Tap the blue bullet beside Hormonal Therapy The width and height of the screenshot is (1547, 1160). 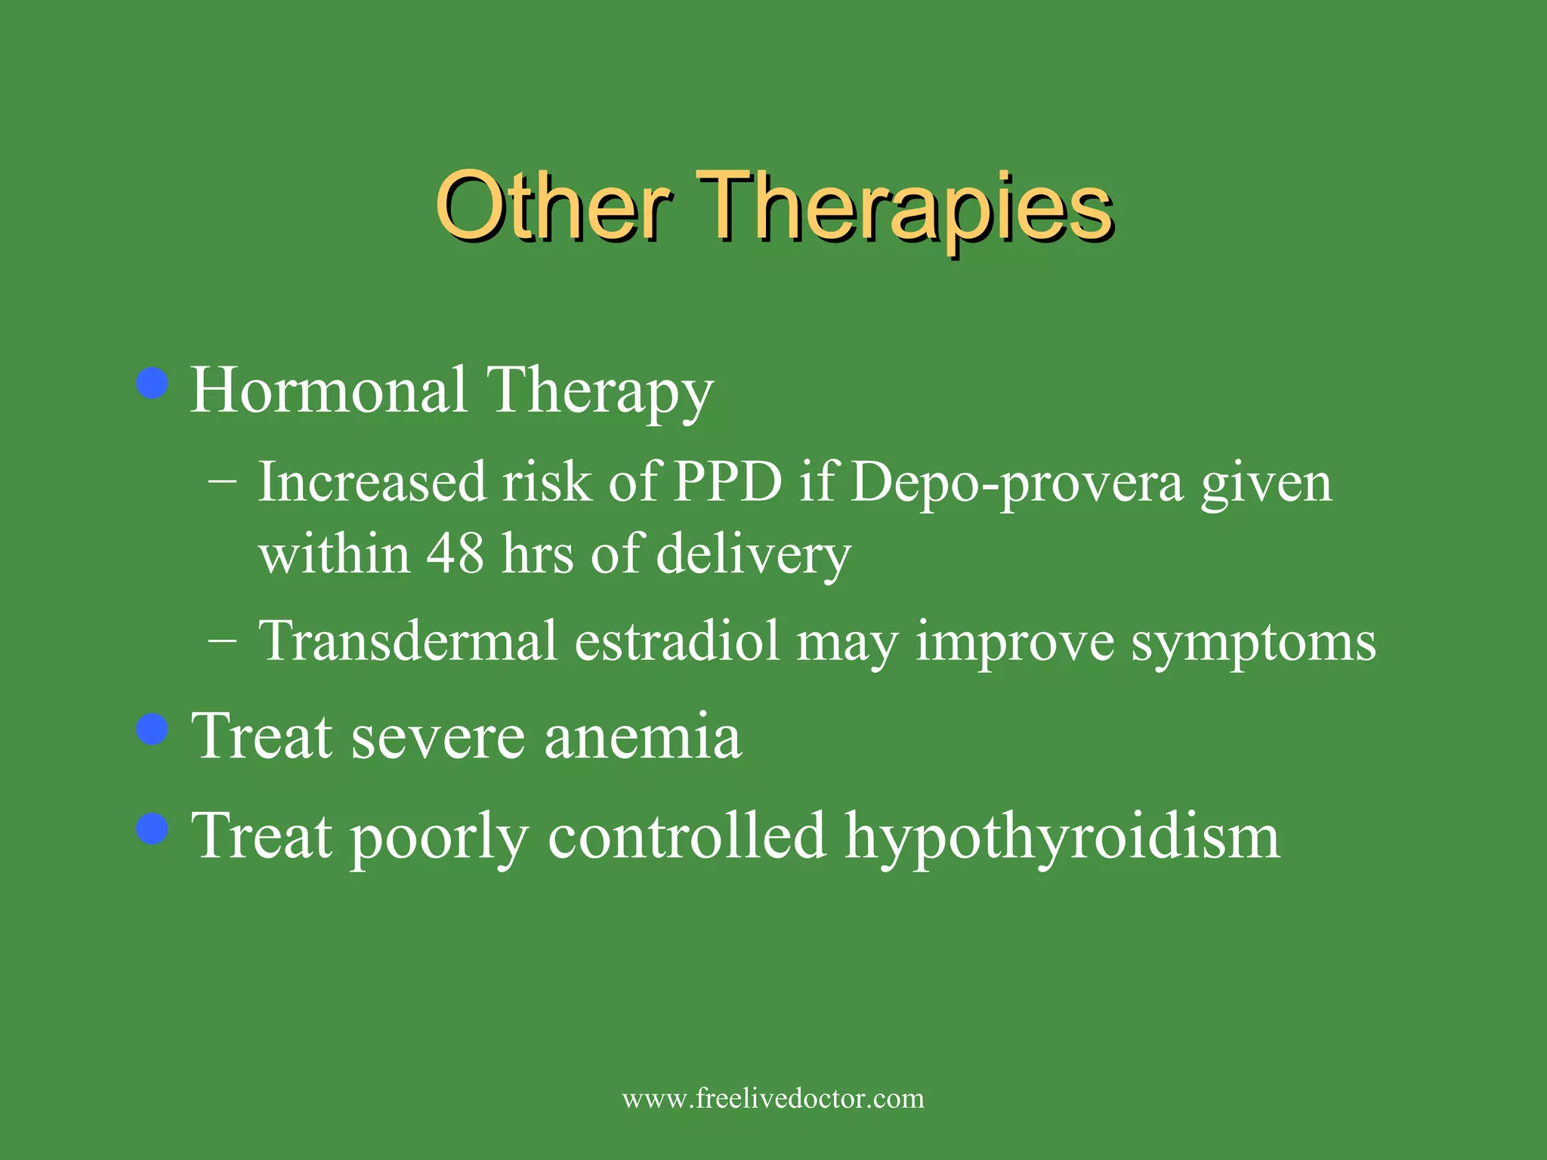coord(153,384)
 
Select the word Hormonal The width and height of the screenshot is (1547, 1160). coord(328,390)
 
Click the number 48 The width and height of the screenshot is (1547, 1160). coord(455,554)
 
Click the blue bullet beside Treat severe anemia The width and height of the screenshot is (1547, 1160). coord(153,730)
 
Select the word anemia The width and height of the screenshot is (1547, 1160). coord(643,736)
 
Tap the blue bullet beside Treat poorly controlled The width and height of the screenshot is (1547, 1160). coord(153,829)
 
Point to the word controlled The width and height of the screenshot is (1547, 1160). coord(686,836)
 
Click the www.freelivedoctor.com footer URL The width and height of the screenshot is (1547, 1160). coord(773,1098)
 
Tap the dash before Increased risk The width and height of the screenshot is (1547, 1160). coord(222,482)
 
